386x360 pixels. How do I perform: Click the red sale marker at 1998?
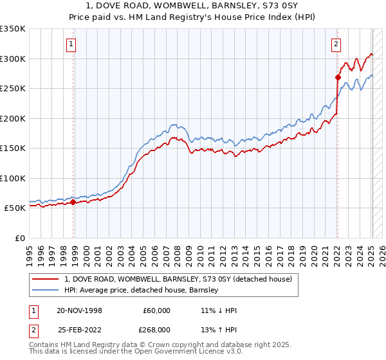(73, 202)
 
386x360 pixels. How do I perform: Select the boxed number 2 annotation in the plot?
(336, 44)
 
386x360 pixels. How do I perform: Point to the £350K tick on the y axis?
(13, 29)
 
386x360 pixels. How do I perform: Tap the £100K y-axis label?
(13, 178)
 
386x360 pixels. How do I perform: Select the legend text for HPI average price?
(142, 290)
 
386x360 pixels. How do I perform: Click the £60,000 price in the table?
(157, 310)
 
